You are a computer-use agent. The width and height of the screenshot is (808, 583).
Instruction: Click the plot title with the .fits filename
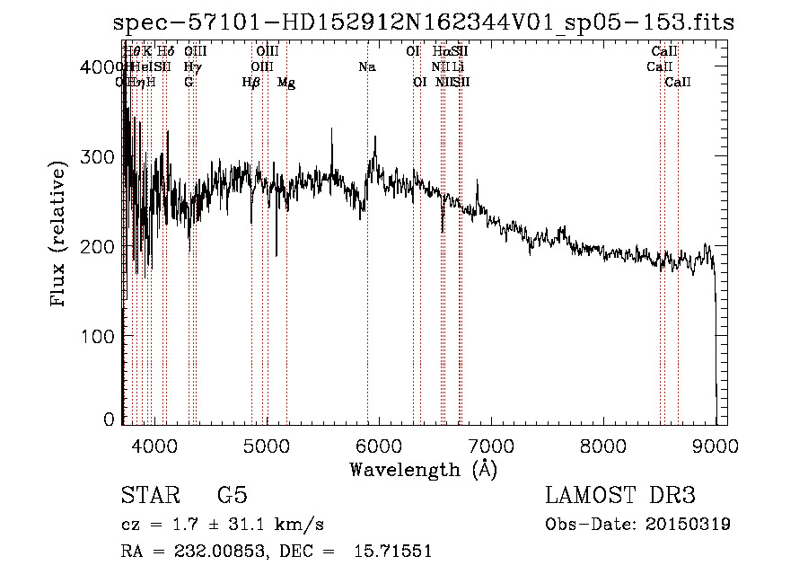pyautogui.click(x=425, y=22)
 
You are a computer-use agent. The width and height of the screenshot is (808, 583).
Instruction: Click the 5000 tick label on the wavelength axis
pyautogui.click(x=266, y=446)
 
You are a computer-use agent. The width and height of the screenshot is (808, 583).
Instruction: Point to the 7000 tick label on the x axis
pyautogui.click(x=490, y=446)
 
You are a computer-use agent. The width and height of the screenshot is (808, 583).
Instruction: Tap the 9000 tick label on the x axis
pyautogui.click(x=716, y=446)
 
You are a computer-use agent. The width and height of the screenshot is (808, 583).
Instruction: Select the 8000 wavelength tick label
pyautogui.click(x=603, y=446)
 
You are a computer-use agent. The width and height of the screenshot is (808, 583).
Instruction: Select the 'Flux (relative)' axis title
pyautogui.click(x=59, y=235)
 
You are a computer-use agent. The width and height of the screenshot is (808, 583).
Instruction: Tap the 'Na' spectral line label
pyautogui.click(x=366, y=67)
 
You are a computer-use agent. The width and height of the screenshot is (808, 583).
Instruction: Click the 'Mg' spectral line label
pyautogui.click(x=286, y=83)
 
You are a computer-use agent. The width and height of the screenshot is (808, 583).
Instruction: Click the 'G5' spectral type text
pyautogui.click(x=233, y=496)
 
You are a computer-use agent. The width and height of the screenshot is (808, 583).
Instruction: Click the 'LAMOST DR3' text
pyautogui.click(x=619, y=496)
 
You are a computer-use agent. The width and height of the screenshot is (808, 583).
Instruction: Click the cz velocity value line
pyautogui.click(x=223, y=524)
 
